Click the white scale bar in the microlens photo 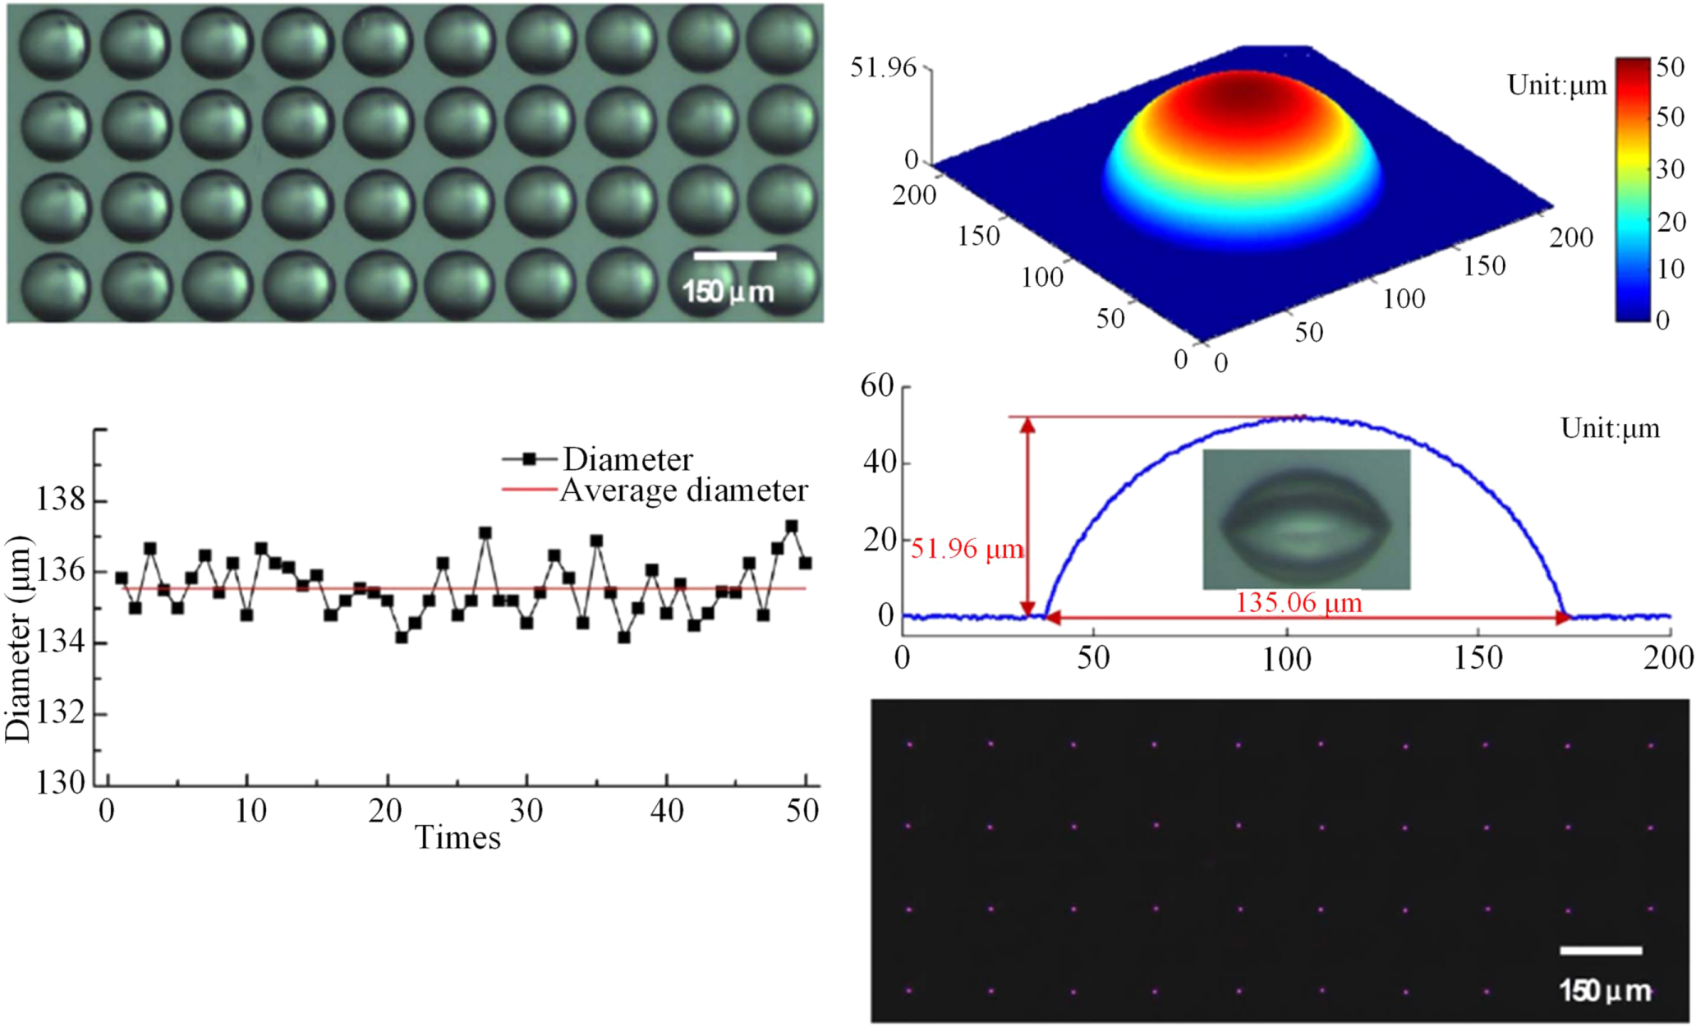tap(734, 256)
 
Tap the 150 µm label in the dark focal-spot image tap(1605, 991)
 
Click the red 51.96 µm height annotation tap(967, 549)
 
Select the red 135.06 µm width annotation tap(1298, 603)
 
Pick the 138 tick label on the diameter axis tap(60, 499)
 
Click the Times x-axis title tap(457, 838)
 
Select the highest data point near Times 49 tap(792, 527)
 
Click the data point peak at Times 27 tap(485, 533)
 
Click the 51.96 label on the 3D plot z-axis tap(883, 67)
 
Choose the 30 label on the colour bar tap(1670, 169)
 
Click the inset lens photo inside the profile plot tap(1306, 519)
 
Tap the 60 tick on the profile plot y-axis tap(877, 385)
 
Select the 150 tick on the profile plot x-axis tap(1478, 658)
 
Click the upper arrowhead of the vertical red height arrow tap(1027, 425)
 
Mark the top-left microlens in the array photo tap(53, 43)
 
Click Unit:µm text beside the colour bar tap(1556, 85)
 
